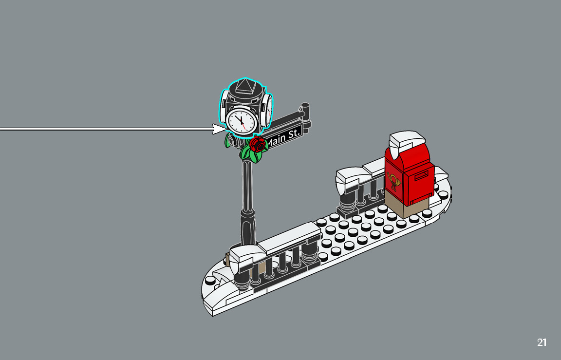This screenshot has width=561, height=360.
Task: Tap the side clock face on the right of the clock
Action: tap(267, 109)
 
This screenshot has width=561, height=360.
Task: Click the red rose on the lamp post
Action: tap(258, 143)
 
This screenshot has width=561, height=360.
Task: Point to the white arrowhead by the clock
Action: tap(220, 129)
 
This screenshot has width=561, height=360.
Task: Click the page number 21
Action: tap(542, 342)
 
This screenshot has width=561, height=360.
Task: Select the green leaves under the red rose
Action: tap(250, 154)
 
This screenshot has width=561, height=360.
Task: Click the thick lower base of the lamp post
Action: tap(247, 228)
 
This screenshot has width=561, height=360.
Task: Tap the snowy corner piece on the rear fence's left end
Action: tap(349, 176)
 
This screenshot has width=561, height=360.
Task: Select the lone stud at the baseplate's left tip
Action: tap(210, 281)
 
